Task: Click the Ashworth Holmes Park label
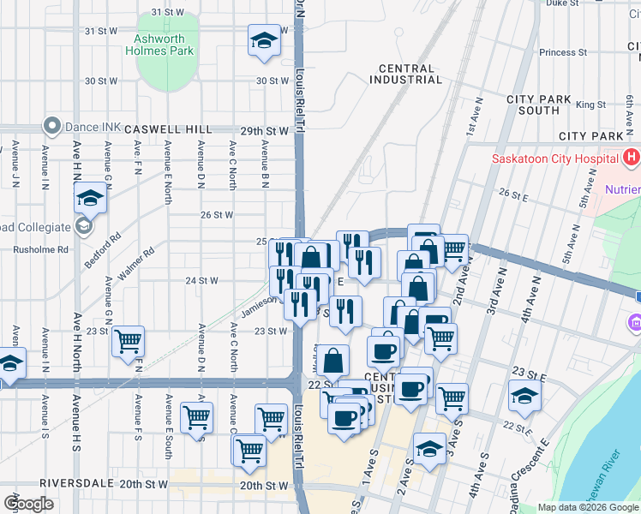tap(165, 45)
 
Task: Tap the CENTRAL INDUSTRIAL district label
tap(406, 74)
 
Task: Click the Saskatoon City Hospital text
tap(554, 158)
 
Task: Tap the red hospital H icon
tap(632, 158)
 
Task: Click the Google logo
tap(28, 503)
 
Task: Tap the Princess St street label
tap(563, 52)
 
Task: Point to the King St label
tap(590, 105)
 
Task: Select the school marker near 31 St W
tap(265, 40)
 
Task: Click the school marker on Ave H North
tap(89, 200)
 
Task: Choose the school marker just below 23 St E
tap(524, 397)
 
